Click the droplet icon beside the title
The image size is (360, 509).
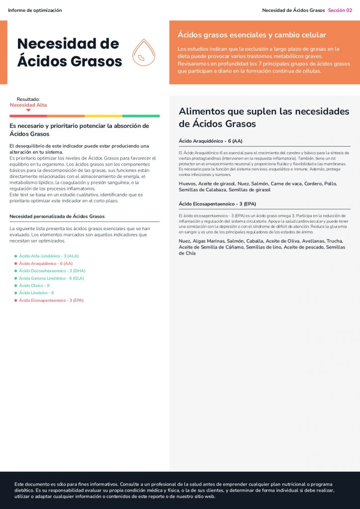tap(143, 54)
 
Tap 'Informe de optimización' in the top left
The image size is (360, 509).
tap(35, 10)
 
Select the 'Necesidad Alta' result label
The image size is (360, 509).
tap(28, 105)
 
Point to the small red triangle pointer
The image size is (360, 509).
tap(28, 110)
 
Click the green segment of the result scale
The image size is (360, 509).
tap(141, 116)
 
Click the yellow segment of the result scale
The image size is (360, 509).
tap(103, 116)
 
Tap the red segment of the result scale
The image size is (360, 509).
tap(28, 116)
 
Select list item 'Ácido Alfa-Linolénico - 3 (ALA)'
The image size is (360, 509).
tap(49, 255)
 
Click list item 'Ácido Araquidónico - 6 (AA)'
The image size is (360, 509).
tap(46, 263)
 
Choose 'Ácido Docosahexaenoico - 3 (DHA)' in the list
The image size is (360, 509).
tap(52, 270)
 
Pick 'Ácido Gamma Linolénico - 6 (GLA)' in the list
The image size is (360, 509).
tap(51, 278)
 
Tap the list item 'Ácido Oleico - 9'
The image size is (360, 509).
tap(34, 285)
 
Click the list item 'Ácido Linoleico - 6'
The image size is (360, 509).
tap(36, 293)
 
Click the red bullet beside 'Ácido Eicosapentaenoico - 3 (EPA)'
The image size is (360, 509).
tap(16, 300)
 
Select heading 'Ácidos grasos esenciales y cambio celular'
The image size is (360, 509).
tap(252, 35)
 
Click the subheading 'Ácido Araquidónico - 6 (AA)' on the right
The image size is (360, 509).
tap(210, 141)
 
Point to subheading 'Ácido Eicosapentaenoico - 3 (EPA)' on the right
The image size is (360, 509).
tap(217, 204)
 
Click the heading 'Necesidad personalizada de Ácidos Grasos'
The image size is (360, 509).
tap(57, 216)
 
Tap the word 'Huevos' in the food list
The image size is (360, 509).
tap(187, 183)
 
